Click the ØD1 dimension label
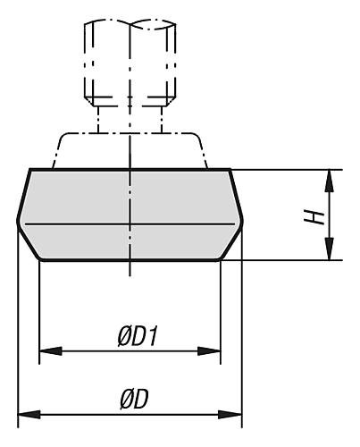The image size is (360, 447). click(x=138, y=337)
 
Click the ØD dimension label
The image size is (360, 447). click(x=134, y=400)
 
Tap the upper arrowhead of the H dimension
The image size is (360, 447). click(x=329, y=181)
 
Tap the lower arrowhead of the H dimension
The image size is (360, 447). click(x=329, y=249)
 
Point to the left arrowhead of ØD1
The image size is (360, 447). click(x=51, y=351)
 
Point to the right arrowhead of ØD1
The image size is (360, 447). click(x=209, y=351)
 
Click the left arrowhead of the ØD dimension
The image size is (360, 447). click(x=29, y=414)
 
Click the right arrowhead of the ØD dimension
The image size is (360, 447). click(x=230, y=414)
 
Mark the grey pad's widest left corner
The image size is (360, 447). click(x=18, y=221)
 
